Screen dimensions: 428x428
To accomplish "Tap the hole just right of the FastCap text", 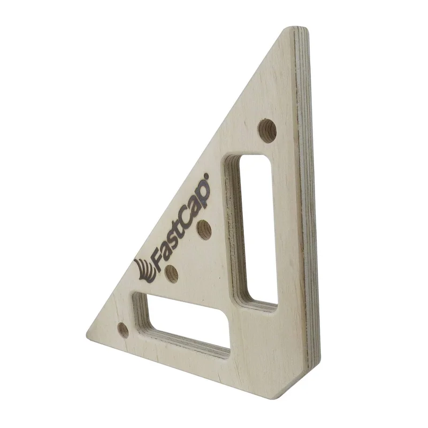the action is (x=204, y=230).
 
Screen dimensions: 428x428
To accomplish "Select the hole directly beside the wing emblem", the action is (x=172, y=273).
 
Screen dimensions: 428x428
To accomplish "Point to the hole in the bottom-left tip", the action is (x=123, y=330).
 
